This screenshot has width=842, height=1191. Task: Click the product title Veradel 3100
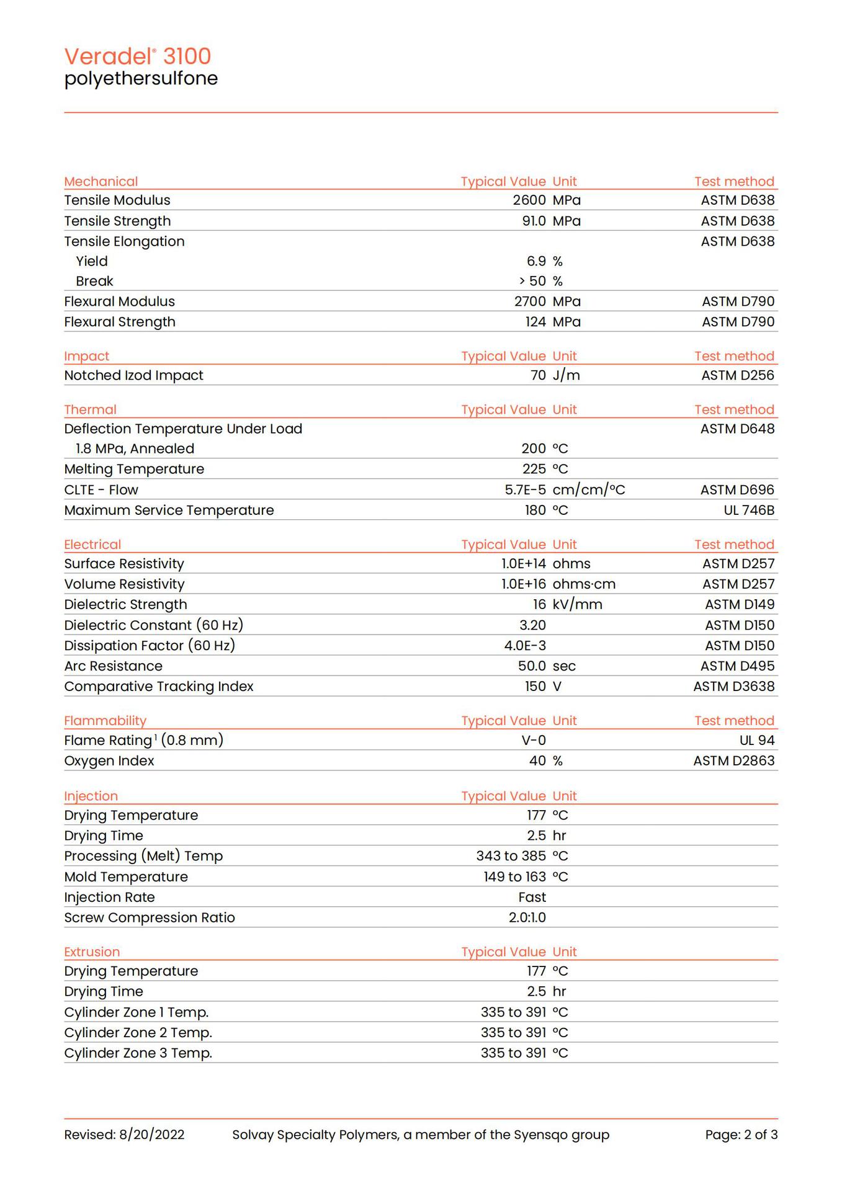[138, 56]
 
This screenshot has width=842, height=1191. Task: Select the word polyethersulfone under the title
[141, 79]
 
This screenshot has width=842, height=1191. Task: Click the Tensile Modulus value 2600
[529, 200]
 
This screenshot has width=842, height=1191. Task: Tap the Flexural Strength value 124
[535, 322]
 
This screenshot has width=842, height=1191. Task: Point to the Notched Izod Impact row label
[133, 375]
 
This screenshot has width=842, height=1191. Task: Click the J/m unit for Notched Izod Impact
[566, 375]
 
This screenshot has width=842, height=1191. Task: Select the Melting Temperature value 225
[534, 469]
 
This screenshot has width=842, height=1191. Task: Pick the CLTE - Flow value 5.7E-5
[525, 490]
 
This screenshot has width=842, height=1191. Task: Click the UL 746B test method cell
[748, 511]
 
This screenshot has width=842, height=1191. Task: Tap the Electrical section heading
[92, 545]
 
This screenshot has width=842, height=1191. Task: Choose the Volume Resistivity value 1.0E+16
[524, 584]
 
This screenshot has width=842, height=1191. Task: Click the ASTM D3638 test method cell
[733, 687]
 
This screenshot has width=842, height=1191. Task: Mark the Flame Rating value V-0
[534, 741]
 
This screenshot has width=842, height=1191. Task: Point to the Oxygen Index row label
[109, 761]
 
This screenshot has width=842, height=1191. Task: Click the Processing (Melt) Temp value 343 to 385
[511, 856]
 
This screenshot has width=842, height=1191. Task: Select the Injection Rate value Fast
[532, 898]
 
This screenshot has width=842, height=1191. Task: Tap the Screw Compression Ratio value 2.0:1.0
[527, 918]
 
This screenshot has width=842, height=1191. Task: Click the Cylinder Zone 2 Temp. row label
[138, 1033]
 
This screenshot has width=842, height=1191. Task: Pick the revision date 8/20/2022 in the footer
[151, 1135]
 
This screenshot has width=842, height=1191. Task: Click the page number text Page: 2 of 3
[741, 1135]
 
